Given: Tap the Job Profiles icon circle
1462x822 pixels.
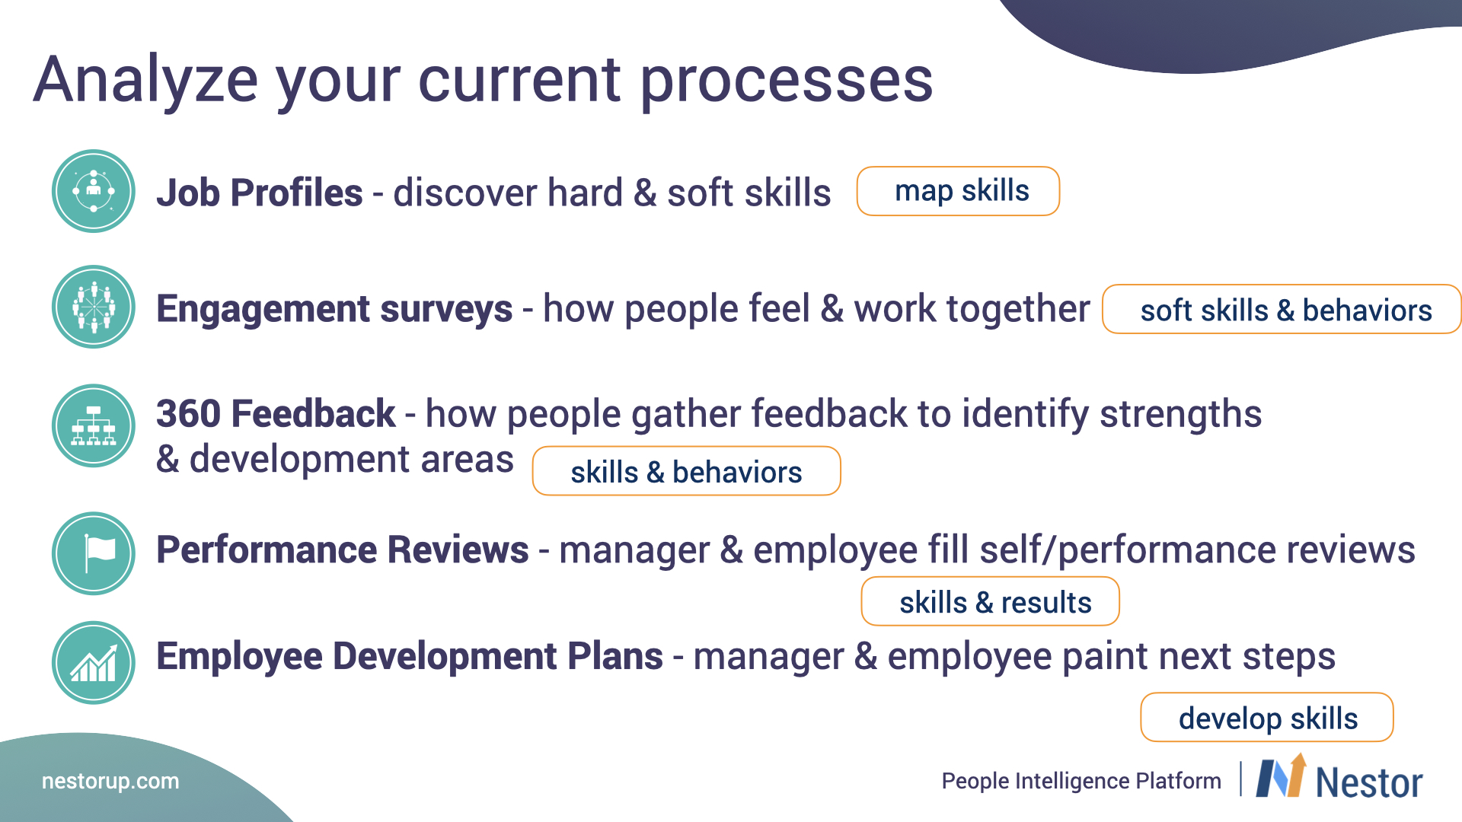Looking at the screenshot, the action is click(x=94, y=191).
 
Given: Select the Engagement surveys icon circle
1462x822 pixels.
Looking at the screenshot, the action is click(x=94, y=307).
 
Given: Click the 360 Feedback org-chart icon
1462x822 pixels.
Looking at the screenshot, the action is click(x=94, y=425).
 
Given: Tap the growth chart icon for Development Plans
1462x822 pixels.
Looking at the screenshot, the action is click(x=94, y=663).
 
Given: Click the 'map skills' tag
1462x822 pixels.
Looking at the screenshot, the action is click(x=958, y=191).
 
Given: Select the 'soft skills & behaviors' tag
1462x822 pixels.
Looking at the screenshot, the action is click(x=1282, y=309).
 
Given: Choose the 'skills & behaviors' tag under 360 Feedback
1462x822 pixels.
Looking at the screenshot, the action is click(x=686, y=471).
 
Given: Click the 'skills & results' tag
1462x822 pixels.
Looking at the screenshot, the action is click(x=990, y=601).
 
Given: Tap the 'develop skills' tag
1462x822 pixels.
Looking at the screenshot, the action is click(x=1267, y=717).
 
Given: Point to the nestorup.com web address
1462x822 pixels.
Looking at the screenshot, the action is click(x=110, y=781).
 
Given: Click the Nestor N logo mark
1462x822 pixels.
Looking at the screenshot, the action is click(x=1281, y=776).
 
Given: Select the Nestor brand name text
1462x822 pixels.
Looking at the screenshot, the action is click(x=1369, y=782).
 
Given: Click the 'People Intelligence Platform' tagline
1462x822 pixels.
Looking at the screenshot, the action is click(x=1081, y=781).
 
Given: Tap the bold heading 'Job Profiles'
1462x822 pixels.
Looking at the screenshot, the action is click(x=260, y=192).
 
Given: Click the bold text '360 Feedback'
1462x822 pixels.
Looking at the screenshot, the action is click(x=276, y=413).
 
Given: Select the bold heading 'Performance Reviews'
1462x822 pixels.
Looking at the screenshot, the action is click(x=343, y=550).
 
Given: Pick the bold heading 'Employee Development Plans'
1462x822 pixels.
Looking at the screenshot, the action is click(x=410, y=656).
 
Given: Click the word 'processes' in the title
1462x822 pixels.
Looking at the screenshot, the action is click(x=787, y=82).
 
